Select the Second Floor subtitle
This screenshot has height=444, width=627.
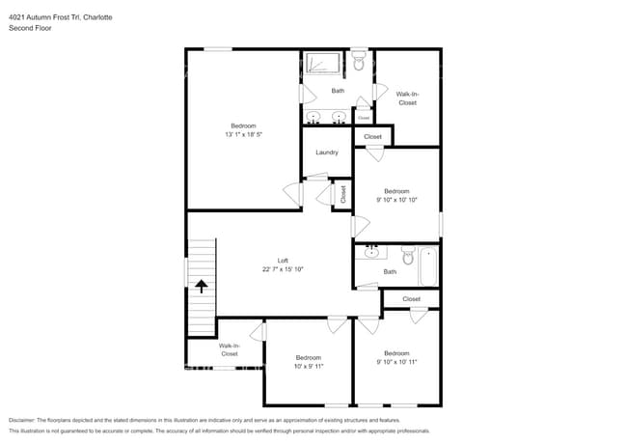coord(29,28)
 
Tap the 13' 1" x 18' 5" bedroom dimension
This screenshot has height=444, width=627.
coord(243,135)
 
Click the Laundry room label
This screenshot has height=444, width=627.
coord(326,153)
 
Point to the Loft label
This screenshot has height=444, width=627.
coord(283,261)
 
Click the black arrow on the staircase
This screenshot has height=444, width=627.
coord(202,286)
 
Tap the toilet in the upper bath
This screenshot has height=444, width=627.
coord(359,63)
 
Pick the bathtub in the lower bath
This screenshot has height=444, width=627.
coord(427,266)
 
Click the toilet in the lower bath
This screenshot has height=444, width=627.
coord(406,257)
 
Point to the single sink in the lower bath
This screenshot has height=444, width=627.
coord(371,254)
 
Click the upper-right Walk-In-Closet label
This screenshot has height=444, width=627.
coord(407,98)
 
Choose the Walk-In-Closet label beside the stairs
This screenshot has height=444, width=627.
coord(229,349)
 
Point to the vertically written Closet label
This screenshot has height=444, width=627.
coord(342,193)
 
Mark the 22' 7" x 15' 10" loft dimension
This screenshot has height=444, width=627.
coord(283,270)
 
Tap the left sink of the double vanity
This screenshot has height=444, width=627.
coord(314,118)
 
